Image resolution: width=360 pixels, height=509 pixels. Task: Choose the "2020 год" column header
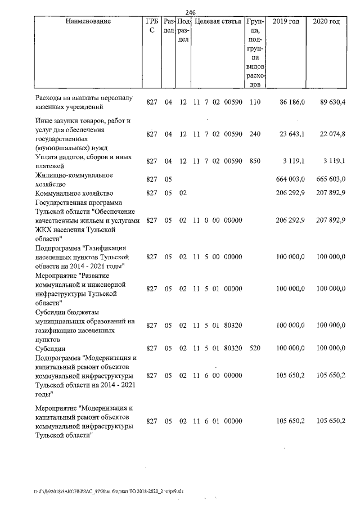tap(326, 21)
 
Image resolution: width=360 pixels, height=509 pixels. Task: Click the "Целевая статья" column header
tap(218, 21)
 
